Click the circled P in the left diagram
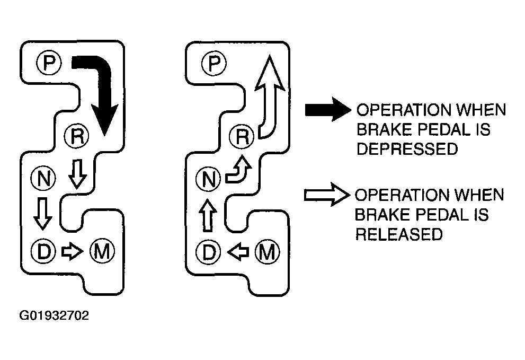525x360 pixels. click(x=49, y=63)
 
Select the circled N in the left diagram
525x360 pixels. click(x=43, y=179)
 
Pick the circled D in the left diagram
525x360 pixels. click(x=43, y=251)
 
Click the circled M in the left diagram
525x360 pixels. click(x=102, y=251)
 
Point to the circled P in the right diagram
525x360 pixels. click(x=214, y=63)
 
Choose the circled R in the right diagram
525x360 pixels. click(x=242, y=136)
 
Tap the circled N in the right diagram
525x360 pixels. click(x=208, y=179)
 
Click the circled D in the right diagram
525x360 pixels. click(x=209, y=252)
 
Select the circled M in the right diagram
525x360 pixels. click(x=267, y=252)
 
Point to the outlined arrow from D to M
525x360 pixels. click(x=73, y=251)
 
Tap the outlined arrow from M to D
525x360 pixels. click(x=238, y=252)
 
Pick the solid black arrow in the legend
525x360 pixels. click(x=328, y=109)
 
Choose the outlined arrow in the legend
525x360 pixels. click(x=327, y=195)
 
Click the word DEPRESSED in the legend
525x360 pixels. click(x=407, y=148)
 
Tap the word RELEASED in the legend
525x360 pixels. click(x=399, y=234)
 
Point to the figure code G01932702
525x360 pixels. click(x=54, y=315)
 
